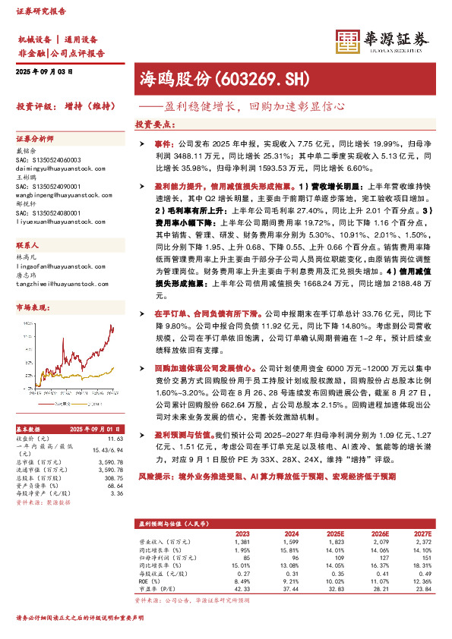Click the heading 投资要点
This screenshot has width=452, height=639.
(x=154, y=123)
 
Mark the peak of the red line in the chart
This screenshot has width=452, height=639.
(x=112, y=326)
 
